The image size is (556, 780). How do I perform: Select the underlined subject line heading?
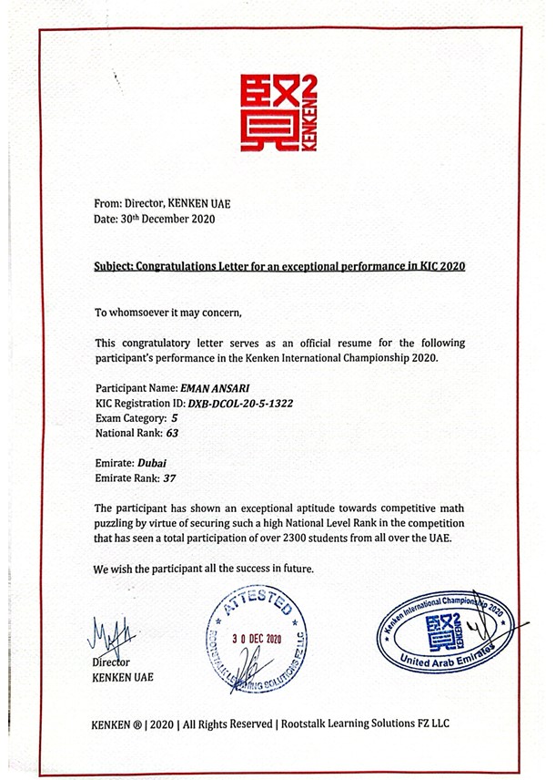281,268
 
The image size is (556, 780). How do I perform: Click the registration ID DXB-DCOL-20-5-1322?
241,402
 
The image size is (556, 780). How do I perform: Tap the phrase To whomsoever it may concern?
169,313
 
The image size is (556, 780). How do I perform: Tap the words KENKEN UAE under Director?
124,677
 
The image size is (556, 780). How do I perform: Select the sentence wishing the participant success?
204,568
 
